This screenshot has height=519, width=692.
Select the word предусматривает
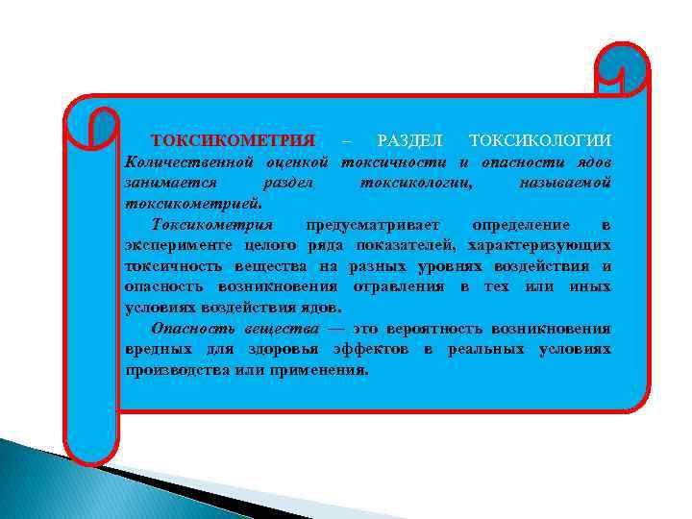[372, 225]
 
